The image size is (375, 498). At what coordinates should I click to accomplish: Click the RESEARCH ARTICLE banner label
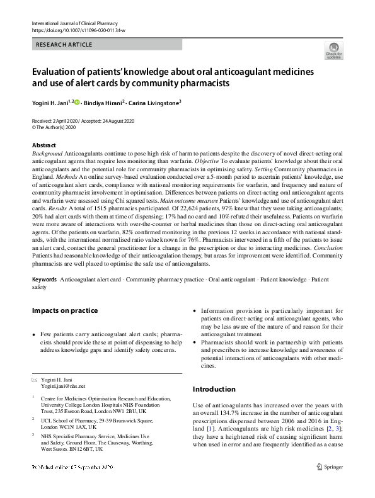(65, 45)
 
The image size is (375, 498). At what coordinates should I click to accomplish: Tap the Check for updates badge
(333, 51)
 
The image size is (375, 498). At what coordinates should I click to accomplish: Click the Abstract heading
(44, 145)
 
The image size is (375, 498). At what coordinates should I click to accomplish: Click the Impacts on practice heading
(65, 310)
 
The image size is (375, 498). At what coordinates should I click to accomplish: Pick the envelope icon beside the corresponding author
(34, 380)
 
